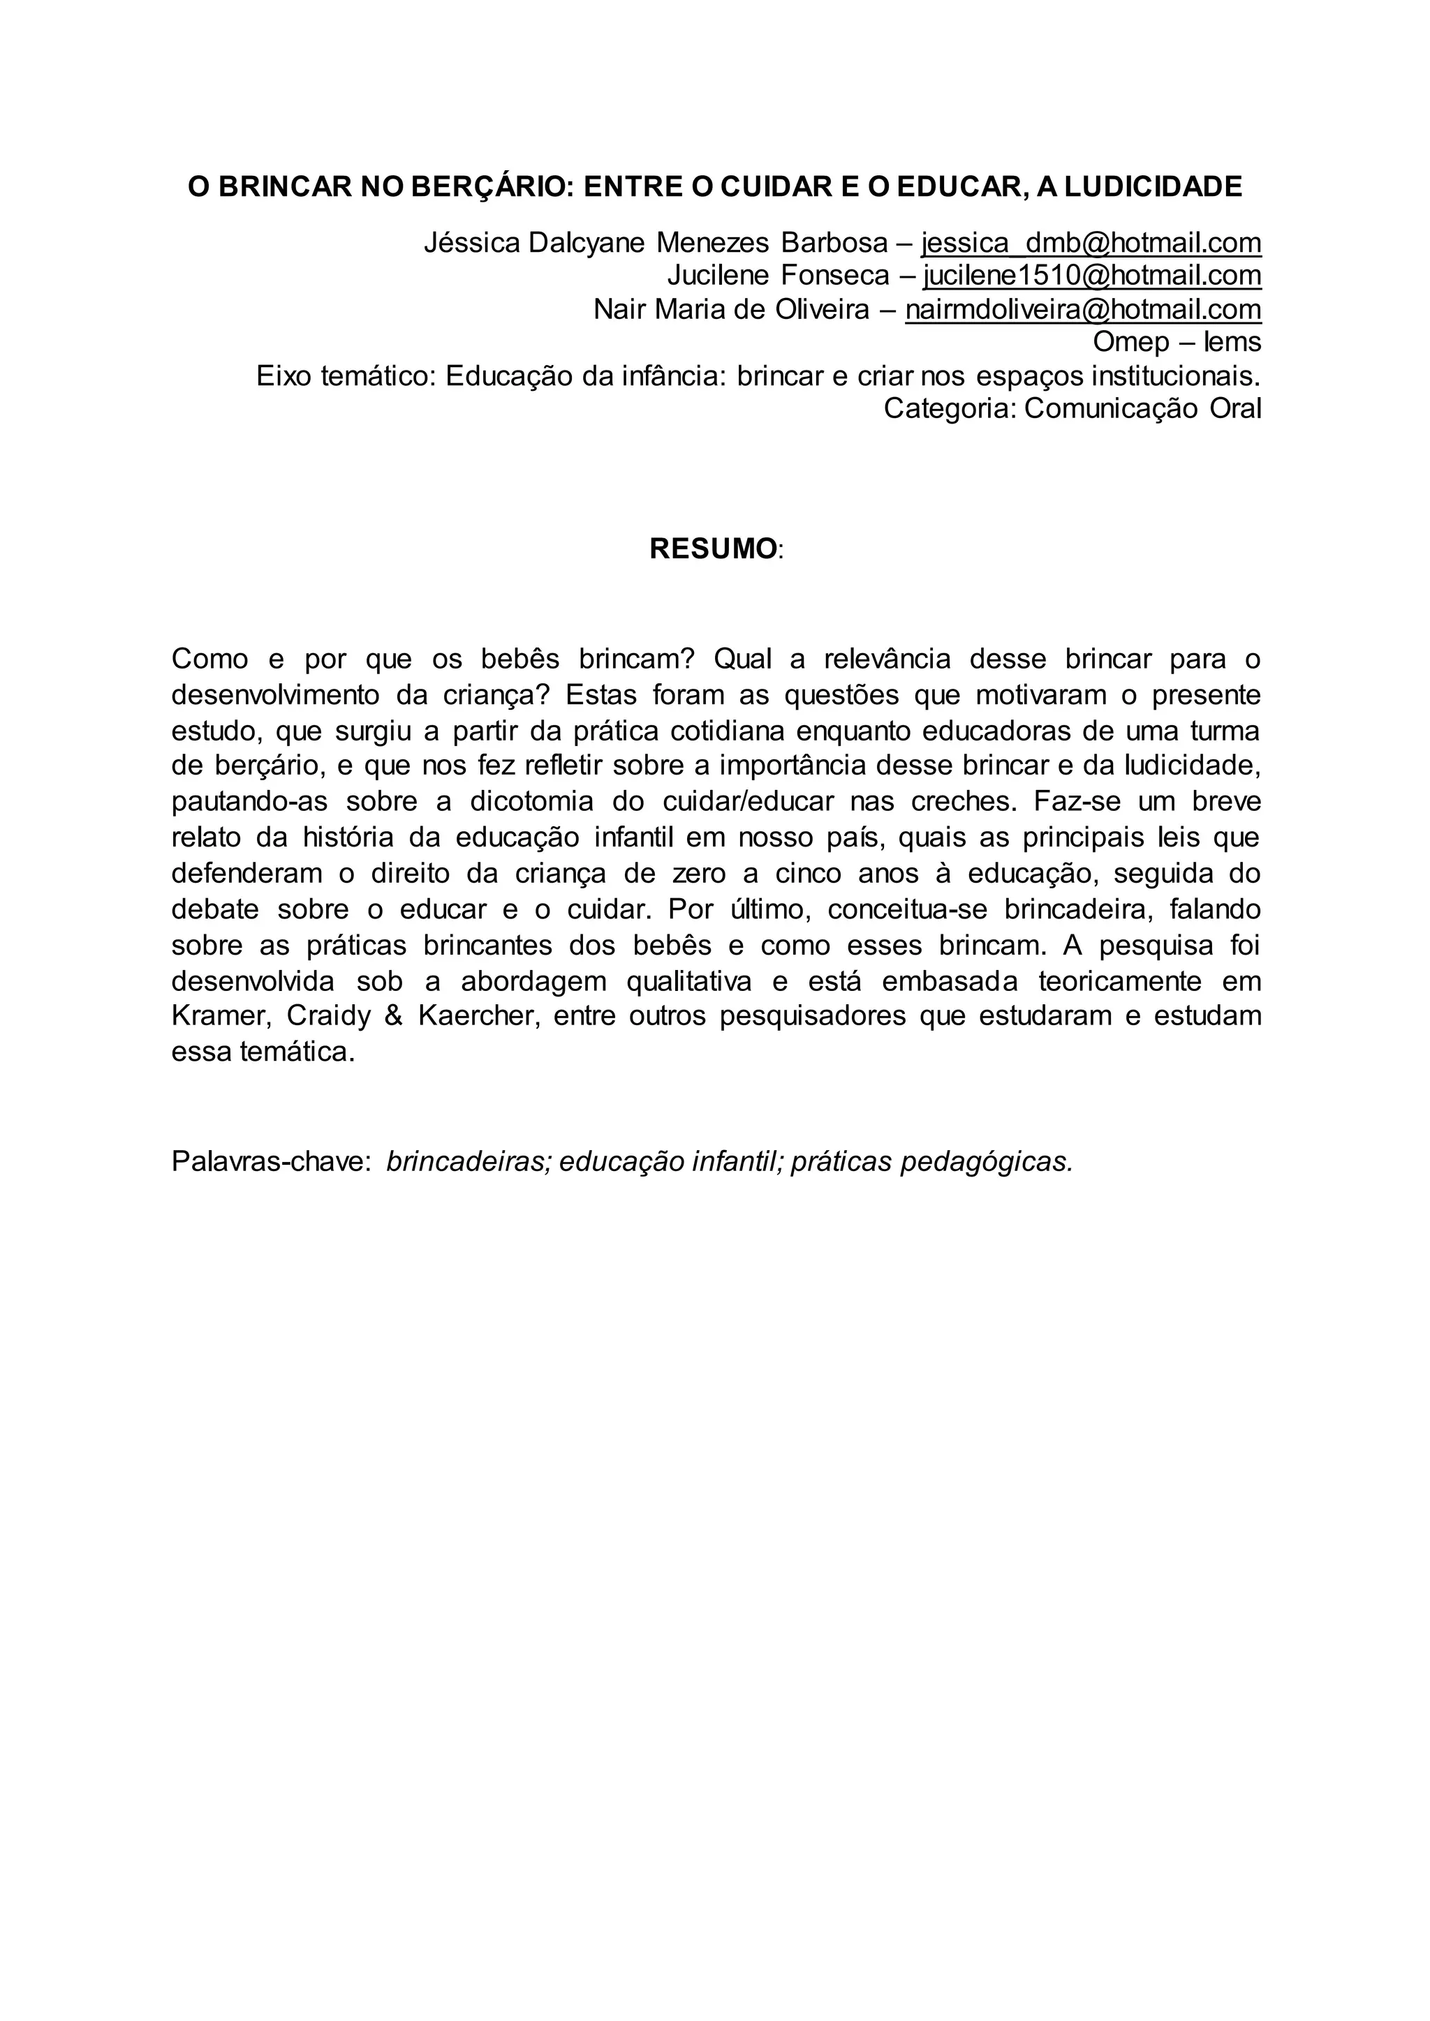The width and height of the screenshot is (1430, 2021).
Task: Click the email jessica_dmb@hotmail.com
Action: pos(1091,242)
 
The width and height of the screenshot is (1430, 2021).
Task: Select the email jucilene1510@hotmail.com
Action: pos(1092,276)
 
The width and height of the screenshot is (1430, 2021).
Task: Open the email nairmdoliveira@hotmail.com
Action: pos(1083,309)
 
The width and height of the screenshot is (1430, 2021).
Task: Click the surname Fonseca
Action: pos(835,276)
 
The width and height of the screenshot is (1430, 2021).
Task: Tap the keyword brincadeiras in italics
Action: pos(469,1162)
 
